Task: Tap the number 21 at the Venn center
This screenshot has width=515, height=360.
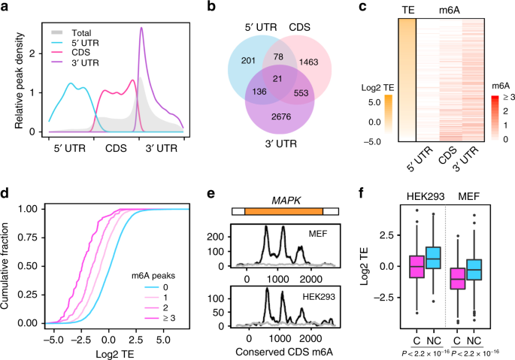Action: (258, 80)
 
